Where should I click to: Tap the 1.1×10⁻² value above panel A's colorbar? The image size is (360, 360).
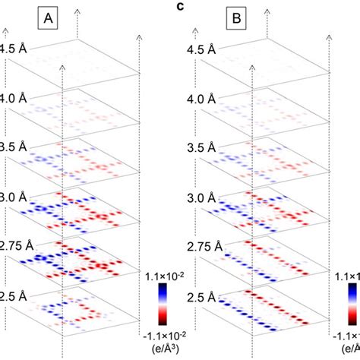click(165, 270)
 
